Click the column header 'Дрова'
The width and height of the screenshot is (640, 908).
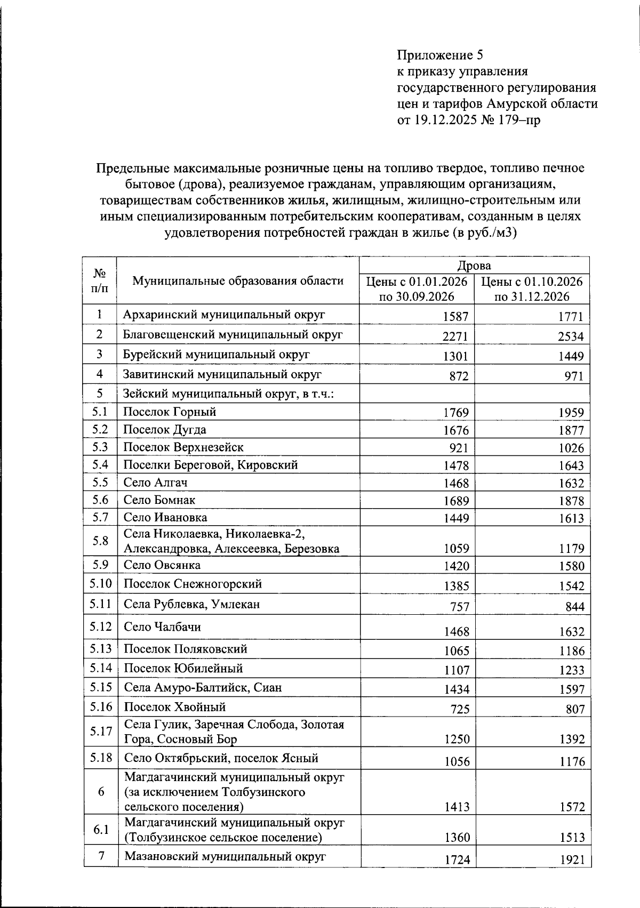474,266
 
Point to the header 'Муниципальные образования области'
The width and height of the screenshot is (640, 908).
238,281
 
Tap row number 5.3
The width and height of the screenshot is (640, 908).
100,447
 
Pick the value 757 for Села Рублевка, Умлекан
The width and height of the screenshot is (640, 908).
459,607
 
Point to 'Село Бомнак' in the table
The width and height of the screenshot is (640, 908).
159,500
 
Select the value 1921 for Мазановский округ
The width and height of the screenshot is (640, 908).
571,860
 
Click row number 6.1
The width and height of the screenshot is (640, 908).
100,830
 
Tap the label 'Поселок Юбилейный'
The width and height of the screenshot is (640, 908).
183,668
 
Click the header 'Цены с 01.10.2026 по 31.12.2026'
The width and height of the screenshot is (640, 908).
532,289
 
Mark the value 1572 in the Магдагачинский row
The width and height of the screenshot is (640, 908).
572,807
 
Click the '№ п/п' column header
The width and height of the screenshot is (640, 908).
99,281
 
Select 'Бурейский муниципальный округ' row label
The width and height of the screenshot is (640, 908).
217,355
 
